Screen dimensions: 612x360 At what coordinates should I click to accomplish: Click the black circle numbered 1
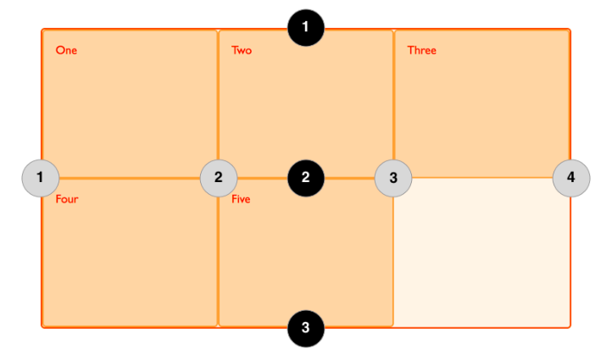point(306,28)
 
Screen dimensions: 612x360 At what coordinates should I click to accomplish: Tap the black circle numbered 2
point(306,178)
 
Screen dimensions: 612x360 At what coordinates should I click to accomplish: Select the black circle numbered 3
point(306,329)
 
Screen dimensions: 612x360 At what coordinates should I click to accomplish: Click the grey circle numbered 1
point(41,178)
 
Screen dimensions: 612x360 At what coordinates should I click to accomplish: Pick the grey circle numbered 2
point(219,178)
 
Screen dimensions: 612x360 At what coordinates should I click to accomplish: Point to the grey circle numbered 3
point(393,178)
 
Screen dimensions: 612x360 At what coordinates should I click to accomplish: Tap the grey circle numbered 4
point(571,178)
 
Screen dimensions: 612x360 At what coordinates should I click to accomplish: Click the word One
point(66,50)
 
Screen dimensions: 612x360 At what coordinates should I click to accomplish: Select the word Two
point(242,50)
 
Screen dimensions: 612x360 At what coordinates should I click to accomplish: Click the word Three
point(422,50)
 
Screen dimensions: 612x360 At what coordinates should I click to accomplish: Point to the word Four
point(67,199)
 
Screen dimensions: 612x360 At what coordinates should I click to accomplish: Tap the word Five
point(241,199)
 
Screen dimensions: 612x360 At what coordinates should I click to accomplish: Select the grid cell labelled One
point(130,103)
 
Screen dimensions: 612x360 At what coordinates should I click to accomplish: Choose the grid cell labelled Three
point(481,103)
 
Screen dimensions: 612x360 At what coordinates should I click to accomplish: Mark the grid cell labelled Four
point(130,252)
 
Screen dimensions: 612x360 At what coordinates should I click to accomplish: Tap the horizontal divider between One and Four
point(130,178)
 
